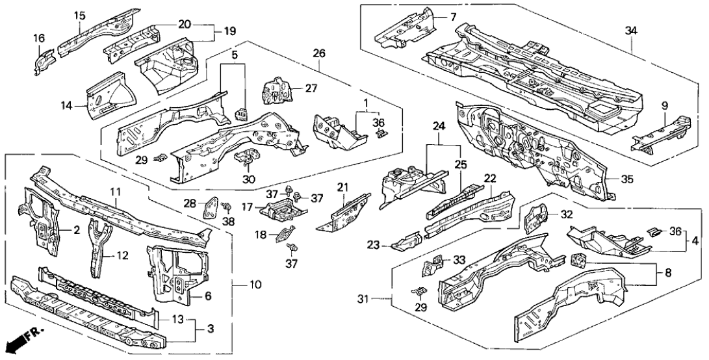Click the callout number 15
tap(79, 15)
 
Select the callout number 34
tap(631, 29)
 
